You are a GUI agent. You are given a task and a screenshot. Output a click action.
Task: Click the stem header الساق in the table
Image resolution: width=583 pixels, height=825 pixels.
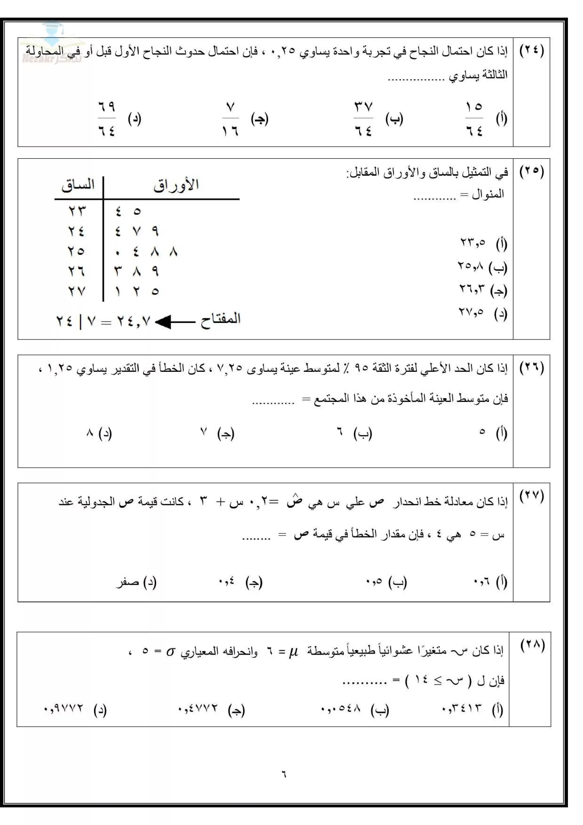coord(78,185)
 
